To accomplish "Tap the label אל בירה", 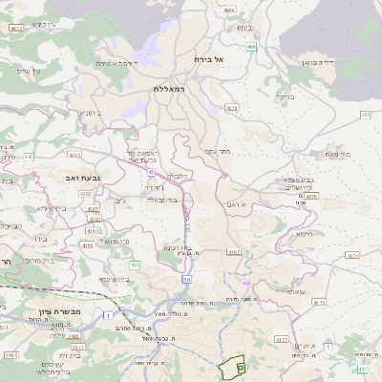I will point(205,59).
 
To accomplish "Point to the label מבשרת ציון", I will point(37,310).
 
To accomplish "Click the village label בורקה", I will point(284,96).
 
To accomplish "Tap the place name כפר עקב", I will point(218,151).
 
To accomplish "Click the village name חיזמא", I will point(305,233).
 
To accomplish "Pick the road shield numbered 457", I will point(367,115).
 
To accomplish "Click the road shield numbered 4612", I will point(16,29).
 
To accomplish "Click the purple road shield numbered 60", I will point(245,284).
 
